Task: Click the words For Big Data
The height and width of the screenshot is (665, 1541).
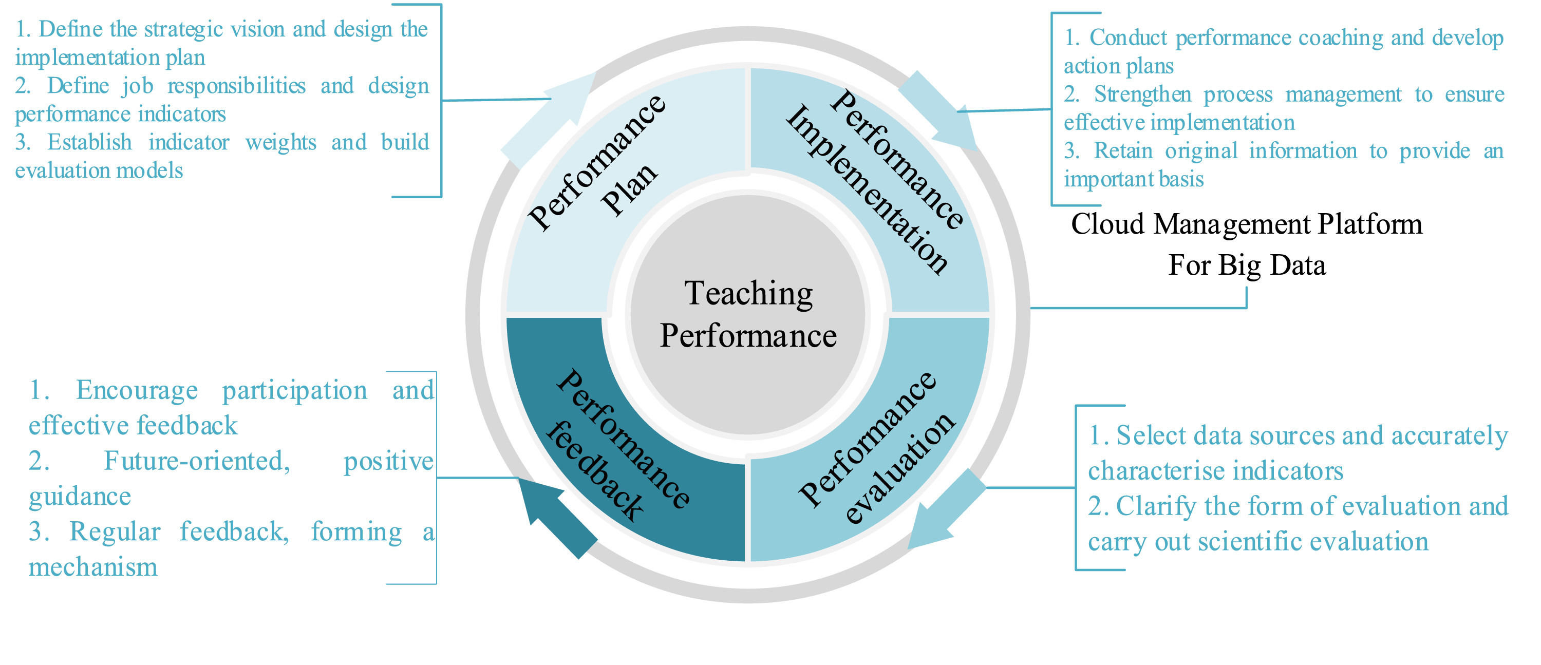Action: point(1247,265)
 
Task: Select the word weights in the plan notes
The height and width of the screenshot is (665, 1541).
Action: point(280,143)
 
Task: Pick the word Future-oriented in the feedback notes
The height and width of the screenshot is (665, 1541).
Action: point(197,461)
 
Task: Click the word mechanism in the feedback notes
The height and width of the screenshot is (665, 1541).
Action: point(93,567)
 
